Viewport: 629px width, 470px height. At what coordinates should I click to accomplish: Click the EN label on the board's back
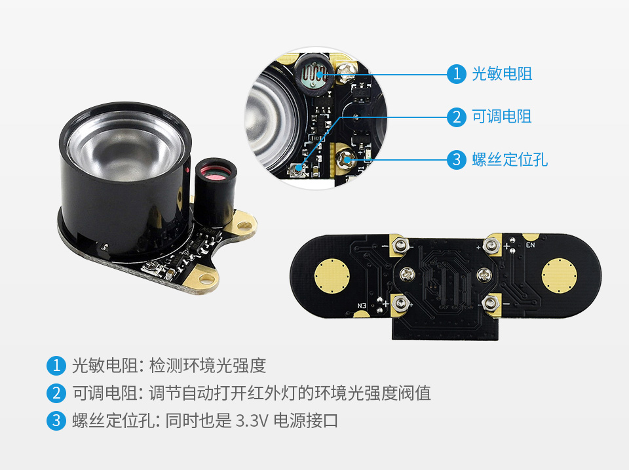(531, 246)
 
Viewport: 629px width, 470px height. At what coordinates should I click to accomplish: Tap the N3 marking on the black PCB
(362, 305)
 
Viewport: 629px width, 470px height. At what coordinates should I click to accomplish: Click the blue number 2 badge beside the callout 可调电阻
(456, 117)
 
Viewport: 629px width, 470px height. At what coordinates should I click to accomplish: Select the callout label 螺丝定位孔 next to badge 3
(510, 159)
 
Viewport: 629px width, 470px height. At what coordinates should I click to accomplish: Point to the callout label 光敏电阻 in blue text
(502, 73)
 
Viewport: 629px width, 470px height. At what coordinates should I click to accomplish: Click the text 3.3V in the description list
(250, 420)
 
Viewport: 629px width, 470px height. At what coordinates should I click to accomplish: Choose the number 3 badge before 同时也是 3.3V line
(56, 420)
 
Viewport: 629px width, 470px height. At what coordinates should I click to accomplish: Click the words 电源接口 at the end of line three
(306, 420)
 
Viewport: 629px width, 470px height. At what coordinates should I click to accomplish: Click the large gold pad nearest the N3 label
(332, 276)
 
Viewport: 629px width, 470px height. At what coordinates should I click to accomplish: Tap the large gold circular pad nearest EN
(560, 275)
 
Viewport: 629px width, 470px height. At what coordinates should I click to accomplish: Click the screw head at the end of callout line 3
(346, 157)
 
